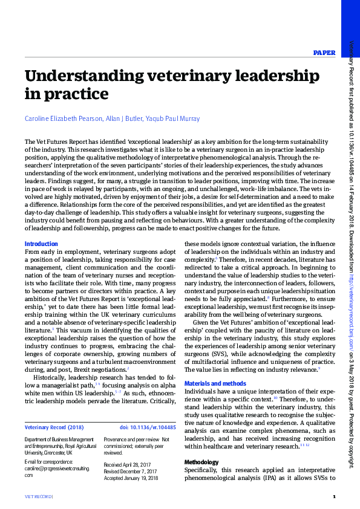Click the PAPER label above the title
[x=324, y=53]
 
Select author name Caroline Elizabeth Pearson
[x=65, y=118]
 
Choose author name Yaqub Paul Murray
[x=178, y=118]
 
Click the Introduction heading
[x=41, y=244]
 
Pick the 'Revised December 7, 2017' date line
[x=131, y=472]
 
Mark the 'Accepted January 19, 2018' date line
[x=131, y=478]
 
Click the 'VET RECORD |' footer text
[x=39, y=497]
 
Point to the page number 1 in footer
[x=333, y=497]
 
